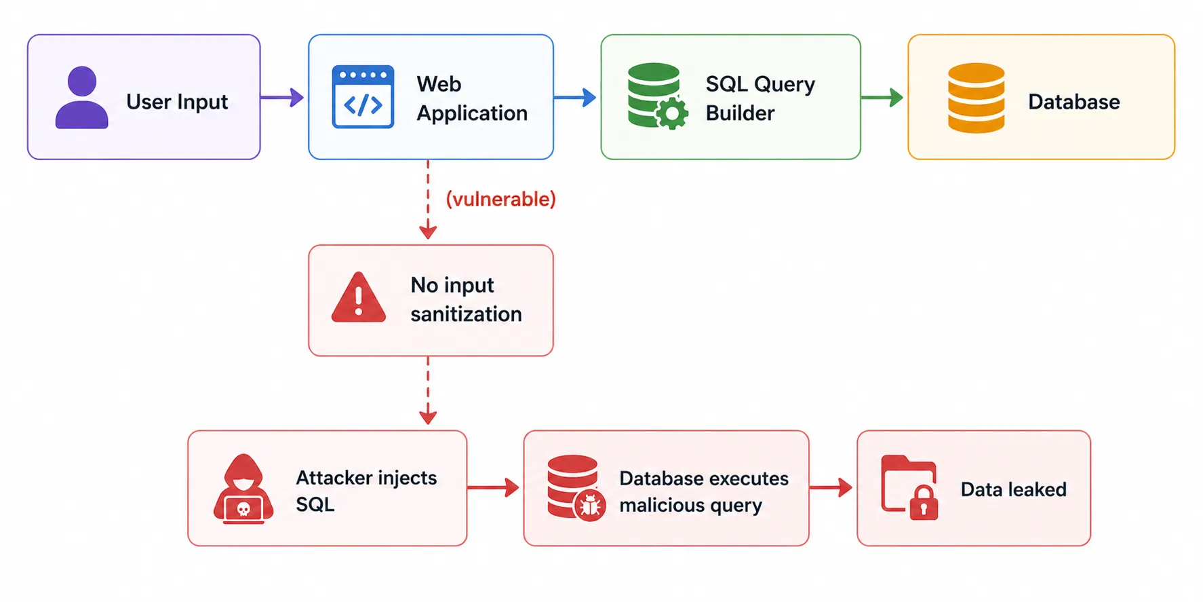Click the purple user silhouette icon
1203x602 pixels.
(81, 98)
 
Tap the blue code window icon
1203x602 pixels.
(363, 97)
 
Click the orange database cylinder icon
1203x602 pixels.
(976, 98)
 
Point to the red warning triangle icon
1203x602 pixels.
(359, 299)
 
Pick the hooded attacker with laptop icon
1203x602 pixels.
(243, 489)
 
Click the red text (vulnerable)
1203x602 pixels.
(500, 199)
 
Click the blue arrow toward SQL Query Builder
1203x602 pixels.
(575, 98)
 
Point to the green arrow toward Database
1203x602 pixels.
(882, 98)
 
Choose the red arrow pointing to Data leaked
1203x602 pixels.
(831, 487)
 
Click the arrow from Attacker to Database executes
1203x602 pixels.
(494, 487)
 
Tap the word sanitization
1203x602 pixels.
(466, 314)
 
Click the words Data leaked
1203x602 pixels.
(1013, 489)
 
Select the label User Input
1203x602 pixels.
(177, 102)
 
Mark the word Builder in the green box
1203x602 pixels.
(740, 113)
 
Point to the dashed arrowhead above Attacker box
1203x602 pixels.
(428, 416)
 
